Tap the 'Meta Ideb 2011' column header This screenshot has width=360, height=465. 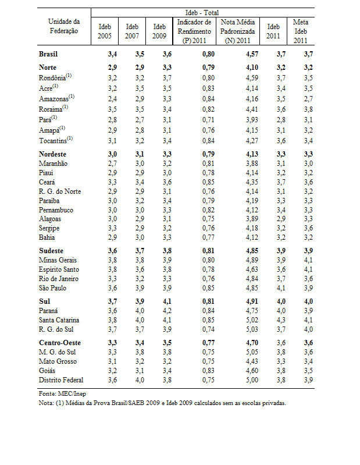tap(301, 31)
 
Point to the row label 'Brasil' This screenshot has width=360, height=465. tap(48, 54)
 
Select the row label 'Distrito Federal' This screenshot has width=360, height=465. tap(61, 380)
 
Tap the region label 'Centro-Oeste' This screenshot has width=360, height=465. tap(59, 342)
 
